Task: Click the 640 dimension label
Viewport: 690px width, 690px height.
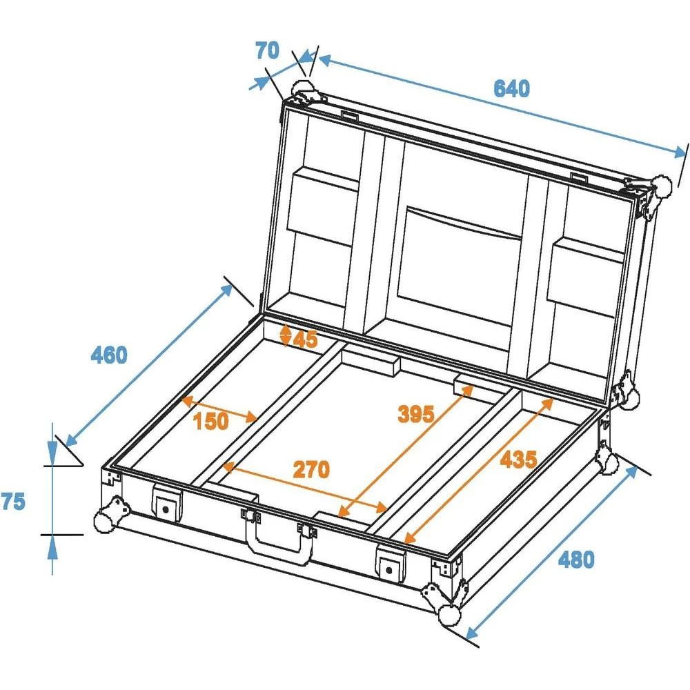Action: pyautogui.click(x=511, y=89)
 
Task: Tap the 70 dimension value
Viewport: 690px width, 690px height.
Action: pyautogui.click(x=266, y=50)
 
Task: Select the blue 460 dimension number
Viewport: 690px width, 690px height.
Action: pyautogui.click(x=109, y=355)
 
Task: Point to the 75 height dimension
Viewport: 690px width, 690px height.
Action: pyautogui.click(x=12, y=502)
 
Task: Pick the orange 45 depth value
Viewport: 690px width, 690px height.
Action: pyautogui.click(x=305, y=338)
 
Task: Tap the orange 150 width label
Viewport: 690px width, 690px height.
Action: pyautogui.click(x=210, y=421)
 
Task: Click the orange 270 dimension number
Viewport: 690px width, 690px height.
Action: pyautogui.click(x=311, y=469)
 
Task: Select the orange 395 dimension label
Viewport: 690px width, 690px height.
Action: pyautogui.click(x=416, y=414)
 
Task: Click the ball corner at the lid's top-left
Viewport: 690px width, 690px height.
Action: pyautogui.click(x=303, y=89)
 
